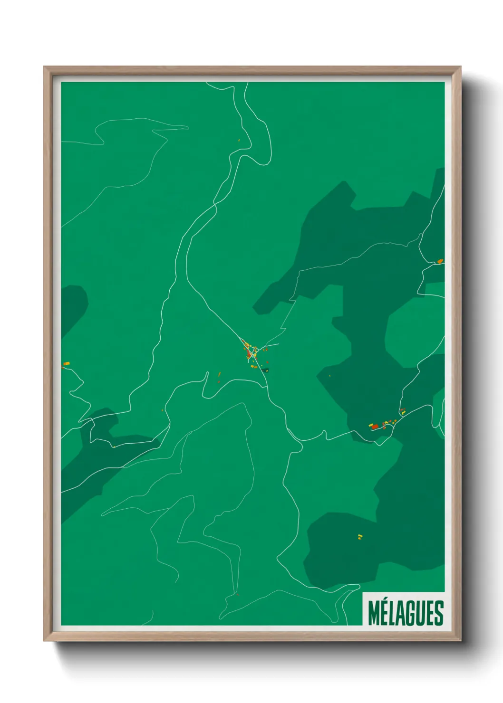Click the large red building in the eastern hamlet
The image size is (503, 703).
click(x=375, y=427)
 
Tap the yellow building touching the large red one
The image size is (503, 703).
click(x=371, y=425)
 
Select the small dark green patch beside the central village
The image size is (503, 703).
click(x=265, y=370)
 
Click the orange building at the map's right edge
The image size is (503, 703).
click(x=440, y=261)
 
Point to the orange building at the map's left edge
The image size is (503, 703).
click(x=67, y=364)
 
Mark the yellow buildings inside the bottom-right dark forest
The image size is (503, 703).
click(x=360, y=537)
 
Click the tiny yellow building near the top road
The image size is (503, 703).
click(x=239, y=140)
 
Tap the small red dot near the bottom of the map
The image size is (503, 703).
click(x=237, y=594)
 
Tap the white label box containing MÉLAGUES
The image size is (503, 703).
click(x=404, y=609)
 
